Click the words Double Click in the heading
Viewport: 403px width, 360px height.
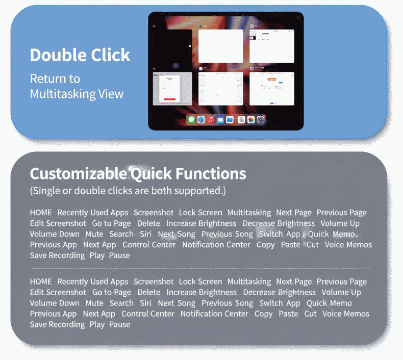(x=80, y=55)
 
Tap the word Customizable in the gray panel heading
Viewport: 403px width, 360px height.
(x=79, y=174)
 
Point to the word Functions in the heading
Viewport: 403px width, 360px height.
(x=211, y=173)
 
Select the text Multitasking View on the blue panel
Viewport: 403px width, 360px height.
(x=77, y=94)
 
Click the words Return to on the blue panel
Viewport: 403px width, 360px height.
(x=55, y=79)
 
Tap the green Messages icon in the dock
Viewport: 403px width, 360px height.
(x=191, y=119)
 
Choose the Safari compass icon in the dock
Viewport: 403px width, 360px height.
(x=201, y=119)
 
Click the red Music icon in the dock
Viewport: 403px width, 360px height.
(x=211, y=119)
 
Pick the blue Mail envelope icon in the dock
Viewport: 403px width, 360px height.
(x=220, y=119)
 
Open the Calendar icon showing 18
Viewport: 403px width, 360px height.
(x=241, y=119)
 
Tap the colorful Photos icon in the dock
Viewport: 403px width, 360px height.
(x=251, y=119)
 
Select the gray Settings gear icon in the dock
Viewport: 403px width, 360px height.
(x=261, y=119)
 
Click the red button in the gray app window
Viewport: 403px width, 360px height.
(x=170, y=99)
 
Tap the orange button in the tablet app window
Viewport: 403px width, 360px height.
(x=272, y=80)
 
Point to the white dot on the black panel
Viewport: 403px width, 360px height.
(x=190, y=46)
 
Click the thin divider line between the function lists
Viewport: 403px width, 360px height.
(x=200, y=269)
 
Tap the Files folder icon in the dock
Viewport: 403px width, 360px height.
(x=230, y=119)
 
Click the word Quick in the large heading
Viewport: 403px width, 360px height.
(x=151, y=174)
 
